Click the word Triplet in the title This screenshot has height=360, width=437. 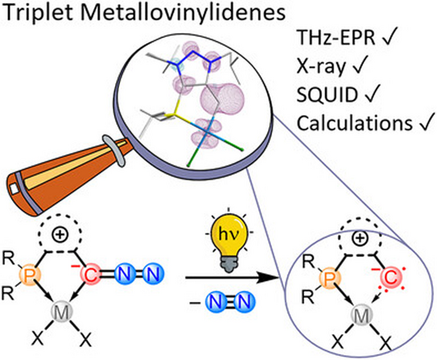pos(39,13)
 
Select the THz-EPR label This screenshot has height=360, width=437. pos(336,37)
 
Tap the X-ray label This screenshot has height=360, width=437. pos(321,67)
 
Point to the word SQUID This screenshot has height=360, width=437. pos(328,94)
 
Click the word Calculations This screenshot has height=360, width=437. pos(354,122)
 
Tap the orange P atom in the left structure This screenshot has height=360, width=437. pos(31,275)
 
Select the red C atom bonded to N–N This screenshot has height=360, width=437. pos(90,275)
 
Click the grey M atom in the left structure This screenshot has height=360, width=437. pos(62,312)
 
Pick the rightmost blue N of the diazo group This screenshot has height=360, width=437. pos(153,275)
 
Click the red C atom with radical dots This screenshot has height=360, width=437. pos(391,278)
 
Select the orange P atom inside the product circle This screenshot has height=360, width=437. pos(331,278)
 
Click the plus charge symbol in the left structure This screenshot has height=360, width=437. pos(60,235)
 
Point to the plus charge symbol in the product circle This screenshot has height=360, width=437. pos(360,238)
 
